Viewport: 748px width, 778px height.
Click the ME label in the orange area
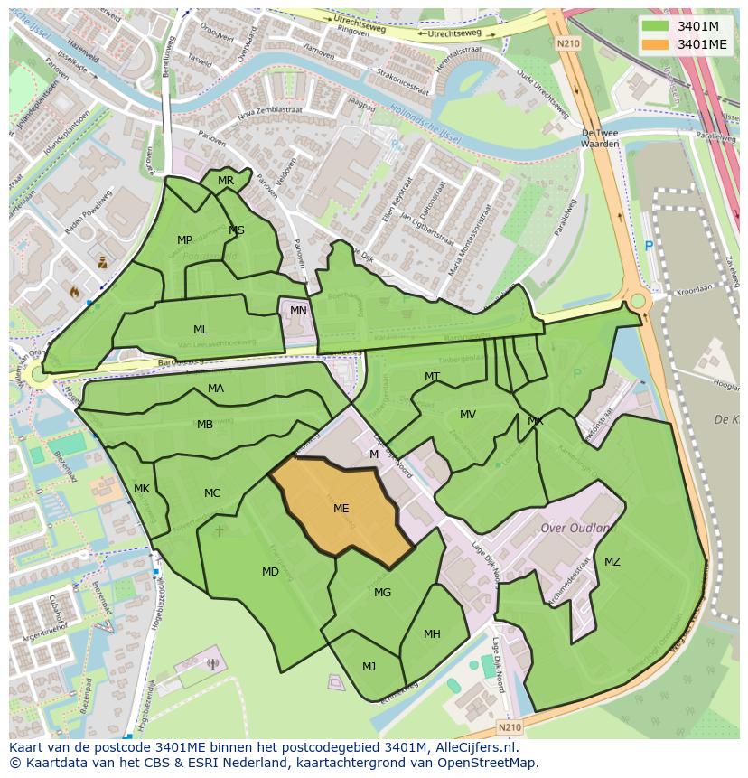pyautogui.click(x=341, y=509)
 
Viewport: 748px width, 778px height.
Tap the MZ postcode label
pyautogui.click(x=612, y=562)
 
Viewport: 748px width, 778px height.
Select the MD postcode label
pyautogui.click(x=270, y=572)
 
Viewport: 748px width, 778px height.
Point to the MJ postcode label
pyautogui.click(x=369, y=667)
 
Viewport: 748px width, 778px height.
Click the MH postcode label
pyautogui.click(x=432, y=634)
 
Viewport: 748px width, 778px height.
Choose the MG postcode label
pyautogui.click(x=382, y=593)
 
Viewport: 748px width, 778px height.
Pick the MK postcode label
pyautogui.click(x=142, y=489)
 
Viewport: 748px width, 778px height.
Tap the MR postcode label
pyautogui.click(x=226, y=181)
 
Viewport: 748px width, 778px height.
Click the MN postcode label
pyautogui.click(x=298, y=311)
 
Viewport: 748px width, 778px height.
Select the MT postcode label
pyautogui.click(x=432, y=377)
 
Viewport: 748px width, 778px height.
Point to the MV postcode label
pyautogui.click(x=467, y=415)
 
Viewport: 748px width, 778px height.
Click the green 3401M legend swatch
pyautogui.click(x=655, y=25)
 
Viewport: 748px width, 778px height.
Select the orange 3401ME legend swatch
pyautogui.click(x=655, y=44)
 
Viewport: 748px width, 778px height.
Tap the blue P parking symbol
pyautogui.click(x=647, y=246)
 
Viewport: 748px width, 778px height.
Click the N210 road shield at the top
pyautogui.click(x=567, y=42)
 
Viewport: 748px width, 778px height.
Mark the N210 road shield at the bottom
pyautogui.click(x=509, y=726)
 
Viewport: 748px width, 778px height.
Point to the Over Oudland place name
pyautogui.click(x=575, y=528)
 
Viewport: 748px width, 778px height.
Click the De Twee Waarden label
pyautogui.click(x=600, y=137)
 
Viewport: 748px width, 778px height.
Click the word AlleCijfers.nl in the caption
pyautogui.click(x=478, y=748)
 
